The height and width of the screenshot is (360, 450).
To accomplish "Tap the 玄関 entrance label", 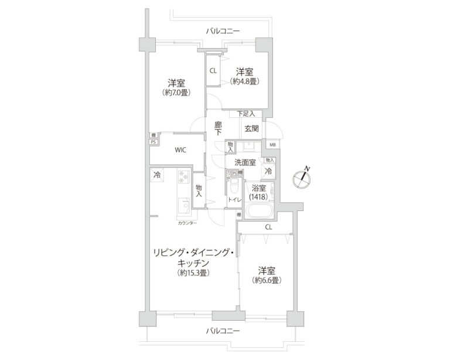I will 251,128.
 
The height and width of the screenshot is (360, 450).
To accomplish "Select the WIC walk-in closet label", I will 180,150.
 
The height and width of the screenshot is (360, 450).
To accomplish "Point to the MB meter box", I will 272,144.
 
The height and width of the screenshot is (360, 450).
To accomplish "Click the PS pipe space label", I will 153,141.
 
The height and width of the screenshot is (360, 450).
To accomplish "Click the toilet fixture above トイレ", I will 233,188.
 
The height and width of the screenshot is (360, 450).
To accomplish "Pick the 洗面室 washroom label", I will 244,162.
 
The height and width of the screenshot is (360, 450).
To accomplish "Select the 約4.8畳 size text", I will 244,81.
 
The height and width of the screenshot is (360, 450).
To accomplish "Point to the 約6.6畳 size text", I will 267,280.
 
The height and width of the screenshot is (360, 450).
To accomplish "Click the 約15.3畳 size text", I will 193,273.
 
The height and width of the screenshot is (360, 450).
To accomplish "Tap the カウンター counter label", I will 187,223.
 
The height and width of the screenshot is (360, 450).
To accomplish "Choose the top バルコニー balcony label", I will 223,31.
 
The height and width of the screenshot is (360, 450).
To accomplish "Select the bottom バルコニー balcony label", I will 223,331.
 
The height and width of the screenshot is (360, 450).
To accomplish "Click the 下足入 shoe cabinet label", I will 246,113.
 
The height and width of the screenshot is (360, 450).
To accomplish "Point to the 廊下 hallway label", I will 218,128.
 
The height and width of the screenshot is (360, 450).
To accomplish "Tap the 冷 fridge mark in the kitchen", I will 156,175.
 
